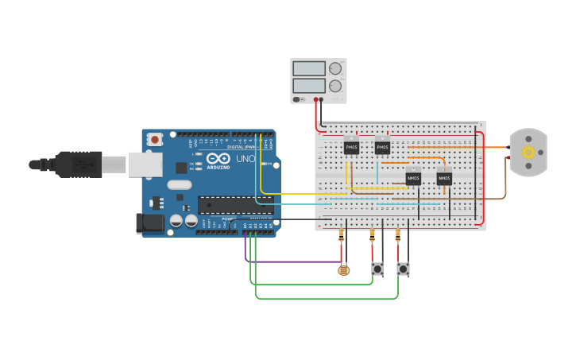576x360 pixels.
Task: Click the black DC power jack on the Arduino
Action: (x=149, y=224)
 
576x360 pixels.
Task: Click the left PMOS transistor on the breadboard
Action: (x=351, y=147)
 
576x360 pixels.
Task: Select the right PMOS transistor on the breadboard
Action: (x=382, y=147)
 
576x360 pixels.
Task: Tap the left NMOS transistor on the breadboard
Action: (x=413, y=178)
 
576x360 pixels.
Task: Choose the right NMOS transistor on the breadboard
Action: (x=444, y=178)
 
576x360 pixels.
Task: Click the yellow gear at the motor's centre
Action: (x=528, y=152)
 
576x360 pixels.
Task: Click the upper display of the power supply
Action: (x=309, y=69)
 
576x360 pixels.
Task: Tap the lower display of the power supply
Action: (x=309, y=85)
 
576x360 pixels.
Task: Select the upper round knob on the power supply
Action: (x=335, y=69)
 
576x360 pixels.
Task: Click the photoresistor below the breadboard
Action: (x=343, y=270)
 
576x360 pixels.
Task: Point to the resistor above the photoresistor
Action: (x=342, y=236)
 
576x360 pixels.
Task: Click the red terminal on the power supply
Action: (x=316, y=100)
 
